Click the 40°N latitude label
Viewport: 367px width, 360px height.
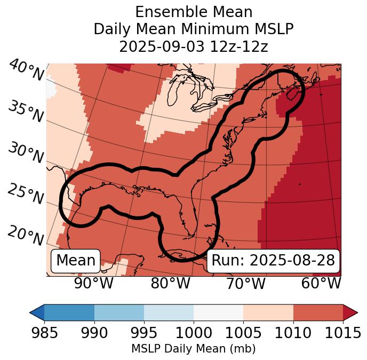[26, 71]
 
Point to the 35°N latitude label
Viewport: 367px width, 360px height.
[26, 111]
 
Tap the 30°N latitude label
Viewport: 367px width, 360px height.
[26, 153]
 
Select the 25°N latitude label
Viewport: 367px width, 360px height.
[26, 194]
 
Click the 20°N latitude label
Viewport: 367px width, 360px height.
[26, 235]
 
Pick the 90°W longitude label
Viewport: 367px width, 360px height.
[93, 284]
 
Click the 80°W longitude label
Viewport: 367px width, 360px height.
[170, 284]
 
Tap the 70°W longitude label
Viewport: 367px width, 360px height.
[245, 284]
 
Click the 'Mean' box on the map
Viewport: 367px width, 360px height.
[76, 261]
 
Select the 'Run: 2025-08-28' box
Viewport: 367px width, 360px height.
[273, 261]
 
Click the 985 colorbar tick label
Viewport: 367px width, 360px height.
[45, 333]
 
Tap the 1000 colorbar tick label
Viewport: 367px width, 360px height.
[194, 333]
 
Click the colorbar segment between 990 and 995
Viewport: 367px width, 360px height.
[119, 312]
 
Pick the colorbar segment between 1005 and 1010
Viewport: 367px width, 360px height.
[268, 312]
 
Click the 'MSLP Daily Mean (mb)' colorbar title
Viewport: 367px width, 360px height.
[193, 349]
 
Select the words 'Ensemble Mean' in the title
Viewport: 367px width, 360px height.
[194, 12]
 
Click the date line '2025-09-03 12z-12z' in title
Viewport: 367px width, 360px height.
[194, 46]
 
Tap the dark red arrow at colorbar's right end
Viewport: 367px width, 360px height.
[350, 312]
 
